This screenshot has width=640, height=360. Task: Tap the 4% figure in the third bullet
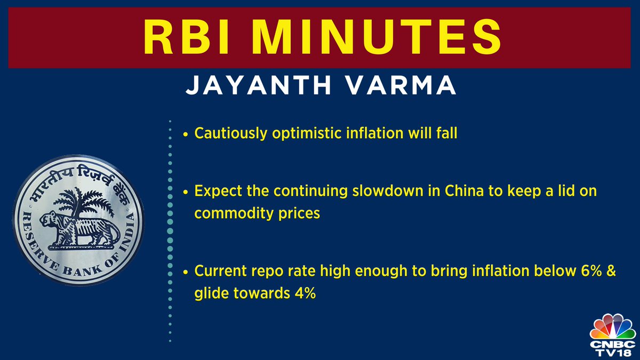pos(305,294)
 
